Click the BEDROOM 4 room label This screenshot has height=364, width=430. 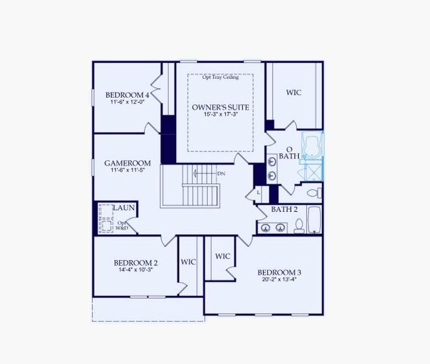[127, 95]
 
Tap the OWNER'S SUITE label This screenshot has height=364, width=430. [220, 107]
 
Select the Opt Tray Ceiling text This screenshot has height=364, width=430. [220, 77]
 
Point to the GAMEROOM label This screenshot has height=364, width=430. [127, 163]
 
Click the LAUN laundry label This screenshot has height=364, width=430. [124, 208]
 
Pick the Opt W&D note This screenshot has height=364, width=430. [123, 226]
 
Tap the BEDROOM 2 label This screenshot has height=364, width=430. [136, 263]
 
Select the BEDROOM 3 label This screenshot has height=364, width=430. [279, 272]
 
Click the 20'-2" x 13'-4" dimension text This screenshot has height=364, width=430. [279, 280]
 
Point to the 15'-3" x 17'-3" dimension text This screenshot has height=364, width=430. [220, 115]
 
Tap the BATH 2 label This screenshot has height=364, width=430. [284, 209]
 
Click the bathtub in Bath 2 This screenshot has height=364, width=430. [314, 220]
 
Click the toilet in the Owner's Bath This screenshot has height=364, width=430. [313, 194]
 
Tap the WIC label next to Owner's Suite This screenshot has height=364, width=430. [294, 93]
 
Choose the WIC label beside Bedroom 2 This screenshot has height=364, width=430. [188, 262]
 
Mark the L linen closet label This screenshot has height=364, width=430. [258, 192]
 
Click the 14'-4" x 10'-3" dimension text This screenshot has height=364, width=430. [136, 270]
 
